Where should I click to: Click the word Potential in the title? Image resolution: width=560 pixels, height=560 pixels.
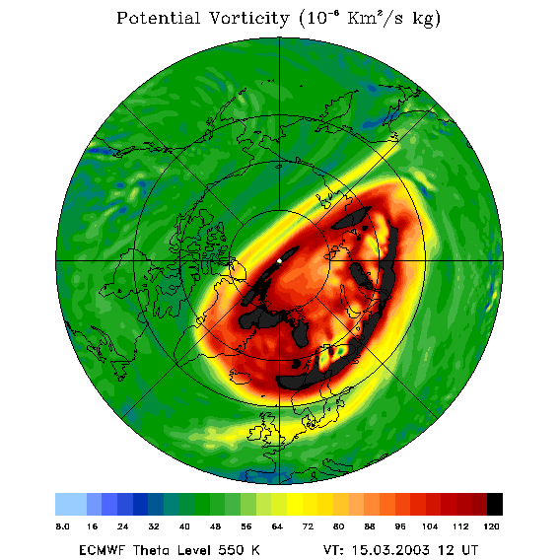pos(158,18)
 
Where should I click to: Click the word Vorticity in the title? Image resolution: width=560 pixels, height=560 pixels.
pos(248,18)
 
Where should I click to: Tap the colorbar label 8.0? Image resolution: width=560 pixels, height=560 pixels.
pos(62,526)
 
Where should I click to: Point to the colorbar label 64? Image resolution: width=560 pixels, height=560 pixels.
pos(277,526)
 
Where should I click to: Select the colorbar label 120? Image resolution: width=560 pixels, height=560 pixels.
pos(491,526)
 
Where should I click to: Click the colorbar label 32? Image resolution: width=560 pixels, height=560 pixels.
pos(154,526)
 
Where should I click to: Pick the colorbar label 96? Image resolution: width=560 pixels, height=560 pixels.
pos(400,526)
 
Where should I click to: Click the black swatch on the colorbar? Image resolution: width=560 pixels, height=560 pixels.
pos(495,504)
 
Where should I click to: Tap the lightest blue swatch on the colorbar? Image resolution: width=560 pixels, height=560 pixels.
pos(71,504)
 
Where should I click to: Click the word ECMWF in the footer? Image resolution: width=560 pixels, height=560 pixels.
pos(102,550)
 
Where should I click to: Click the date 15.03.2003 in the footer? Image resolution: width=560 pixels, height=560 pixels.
pos(391,550)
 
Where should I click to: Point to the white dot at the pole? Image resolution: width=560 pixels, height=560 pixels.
pos(279,261)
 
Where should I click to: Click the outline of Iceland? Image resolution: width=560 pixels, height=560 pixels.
pos(241,377)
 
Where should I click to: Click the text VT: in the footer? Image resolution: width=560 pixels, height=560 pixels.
pos(333,550)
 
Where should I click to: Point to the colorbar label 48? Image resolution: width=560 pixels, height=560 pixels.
pos(215,526)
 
